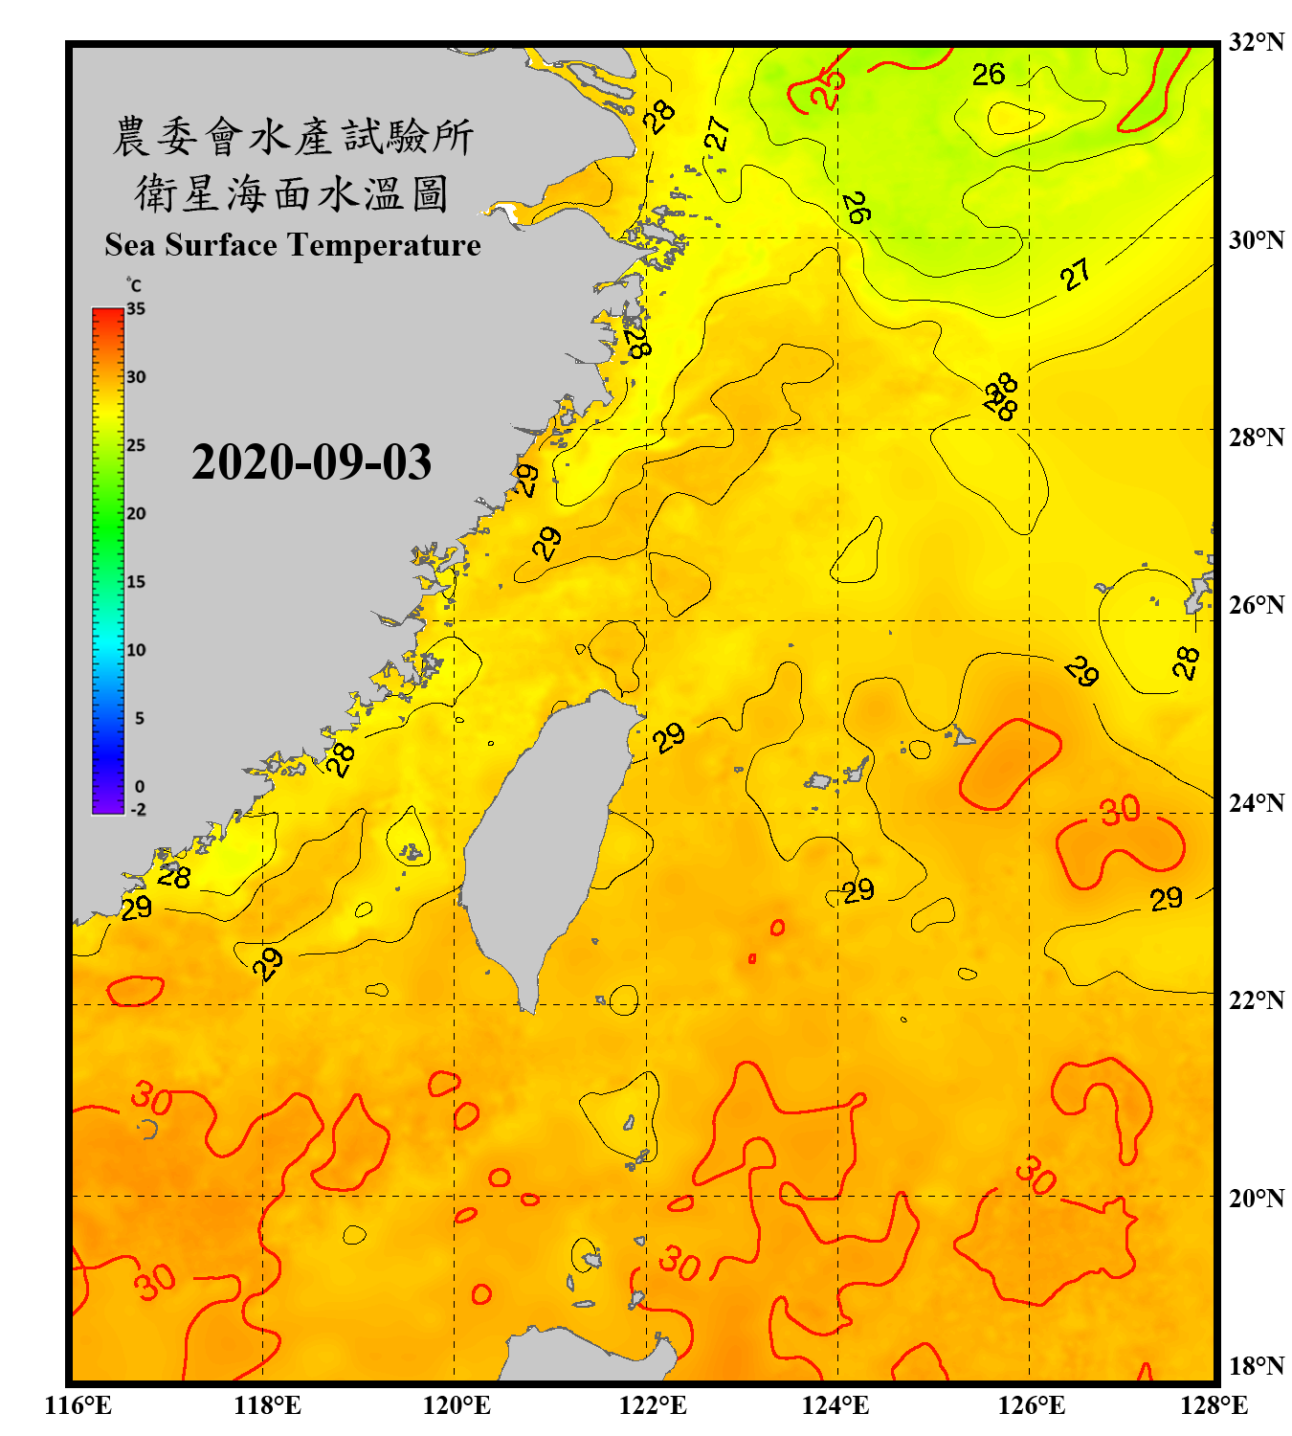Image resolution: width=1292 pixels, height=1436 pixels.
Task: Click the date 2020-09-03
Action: pyautogui.click(x=311, y=462)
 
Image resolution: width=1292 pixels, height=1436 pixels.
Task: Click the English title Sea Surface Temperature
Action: pyautogui.click(x=293, y=245)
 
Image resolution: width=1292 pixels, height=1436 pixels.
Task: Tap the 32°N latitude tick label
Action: pyautogui.click(x=1256, y=42)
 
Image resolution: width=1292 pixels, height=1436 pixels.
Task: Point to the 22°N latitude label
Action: pyautogui.click(x=1256, y=1000)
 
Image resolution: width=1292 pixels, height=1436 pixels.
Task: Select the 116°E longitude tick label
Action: pyautogui.click(x=78, y=1405)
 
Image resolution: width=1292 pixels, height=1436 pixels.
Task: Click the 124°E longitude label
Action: pyautogui.click(x=835, y=1405)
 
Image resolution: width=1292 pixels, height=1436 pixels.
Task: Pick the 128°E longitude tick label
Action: pyautogui.click(x=1214, y=1405)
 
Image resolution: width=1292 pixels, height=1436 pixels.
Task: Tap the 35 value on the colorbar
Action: pyautogui.click(x=136, y=309)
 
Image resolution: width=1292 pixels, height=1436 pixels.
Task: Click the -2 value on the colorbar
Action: pyautogui.click(x=138, y=810)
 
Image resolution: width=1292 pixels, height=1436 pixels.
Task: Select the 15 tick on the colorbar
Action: pyautogui.click(x=136, y=582)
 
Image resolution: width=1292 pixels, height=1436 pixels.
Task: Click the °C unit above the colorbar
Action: pyautogui.click(x=134, y=285)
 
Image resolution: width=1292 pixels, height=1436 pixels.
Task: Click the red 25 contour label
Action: pyautogui.click(x=828, y=89)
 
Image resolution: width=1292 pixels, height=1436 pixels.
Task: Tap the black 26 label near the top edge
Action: pyautogui.click(x=989, y=75)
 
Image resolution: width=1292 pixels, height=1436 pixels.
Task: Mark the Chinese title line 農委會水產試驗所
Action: pyautogui.click(x=293, y=137)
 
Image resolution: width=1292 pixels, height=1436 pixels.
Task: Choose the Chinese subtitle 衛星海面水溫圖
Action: pyautogui.click(x=292, y=193)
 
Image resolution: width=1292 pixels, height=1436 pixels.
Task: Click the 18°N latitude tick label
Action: pyautogui.click(x=1256, y=1366)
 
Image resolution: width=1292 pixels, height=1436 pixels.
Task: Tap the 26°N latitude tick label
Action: pyautogui.click(x=1256, y=605)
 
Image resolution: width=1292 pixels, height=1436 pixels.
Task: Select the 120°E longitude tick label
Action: pyautogui.click(x=457, y=1405)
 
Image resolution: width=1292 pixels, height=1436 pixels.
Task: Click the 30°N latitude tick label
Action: pyautogui.click(x=1256, y=239)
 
